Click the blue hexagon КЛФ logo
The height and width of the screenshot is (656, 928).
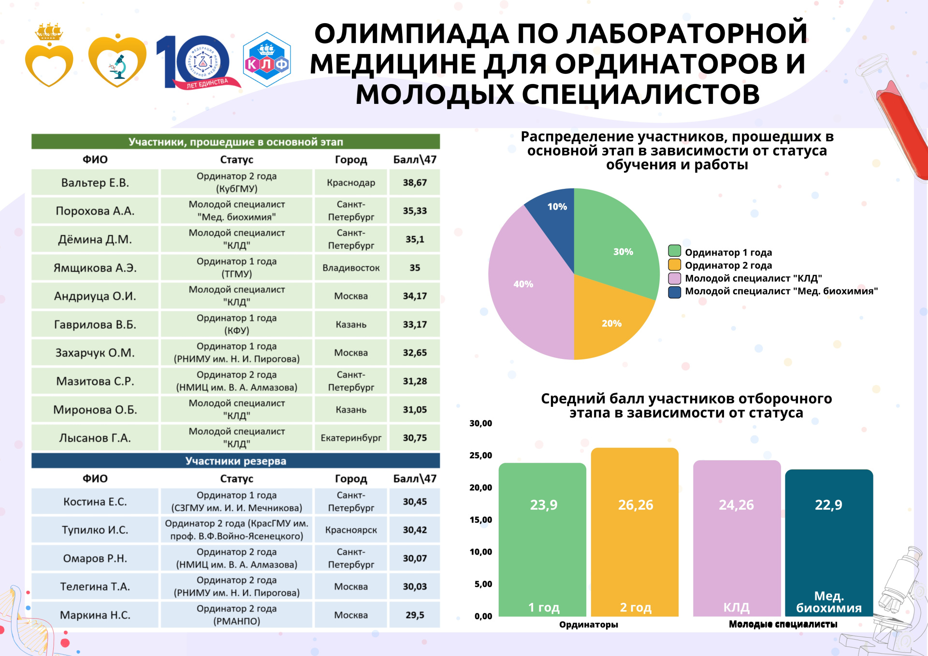pos(267,60)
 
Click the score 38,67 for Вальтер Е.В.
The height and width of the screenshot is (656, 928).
pos(415,183)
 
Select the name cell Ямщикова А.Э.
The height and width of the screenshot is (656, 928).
pos(95,268)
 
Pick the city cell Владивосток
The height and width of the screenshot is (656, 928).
pos(351,268)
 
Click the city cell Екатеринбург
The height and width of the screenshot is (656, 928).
pos(351,438)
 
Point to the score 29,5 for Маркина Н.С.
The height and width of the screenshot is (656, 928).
pos(415,615)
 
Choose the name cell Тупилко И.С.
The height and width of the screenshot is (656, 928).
pos(95,530)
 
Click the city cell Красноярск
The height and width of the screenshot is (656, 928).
pos(351,530)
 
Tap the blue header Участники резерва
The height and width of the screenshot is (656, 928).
pos(236,461)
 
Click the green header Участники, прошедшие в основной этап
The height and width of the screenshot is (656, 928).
pos(236,142)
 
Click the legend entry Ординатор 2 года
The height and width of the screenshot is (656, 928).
pos(728,265)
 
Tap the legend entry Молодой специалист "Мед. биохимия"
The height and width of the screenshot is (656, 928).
pos(781,291)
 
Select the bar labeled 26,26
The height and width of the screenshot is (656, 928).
pos(635,531)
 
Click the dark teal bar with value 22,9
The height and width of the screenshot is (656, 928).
pos(829,541)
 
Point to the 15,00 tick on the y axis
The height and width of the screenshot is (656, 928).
pos(481,520)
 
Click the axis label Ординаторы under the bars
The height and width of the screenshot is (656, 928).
pos(589,625)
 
